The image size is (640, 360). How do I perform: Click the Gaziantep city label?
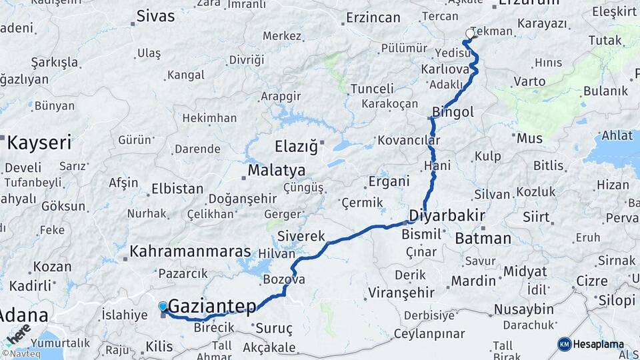point(212,307)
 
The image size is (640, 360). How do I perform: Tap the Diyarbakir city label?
point(446,216)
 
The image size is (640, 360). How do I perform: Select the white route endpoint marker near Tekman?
point(470,33)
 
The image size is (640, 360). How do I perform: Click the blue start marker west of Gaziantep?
point(163,307)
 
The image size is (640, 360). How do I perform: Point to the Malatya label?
point(276,171)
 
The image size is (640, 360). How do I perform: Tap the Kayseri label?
point(39,142)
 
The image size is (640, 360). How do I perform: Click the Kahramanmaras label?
point(190,252)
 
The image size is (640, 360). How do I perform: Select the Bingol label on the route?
point(453,112)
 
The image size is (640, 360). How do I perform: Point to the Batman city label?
point(483,238)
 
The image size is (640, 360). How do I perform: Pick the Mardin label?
point(473,281)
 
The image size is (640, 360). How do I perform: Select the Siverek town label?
point(301,236)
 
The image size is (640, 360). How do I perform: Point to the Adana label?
point(24,315)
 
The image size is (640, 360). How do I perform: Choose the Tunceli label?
point(373,89)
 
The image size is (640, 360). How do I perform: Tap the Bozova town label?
point(284,279)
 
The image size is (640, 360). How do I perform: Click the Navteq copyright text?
point(21,354)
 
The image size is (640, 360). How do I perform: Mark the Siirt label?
point(536,217)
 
